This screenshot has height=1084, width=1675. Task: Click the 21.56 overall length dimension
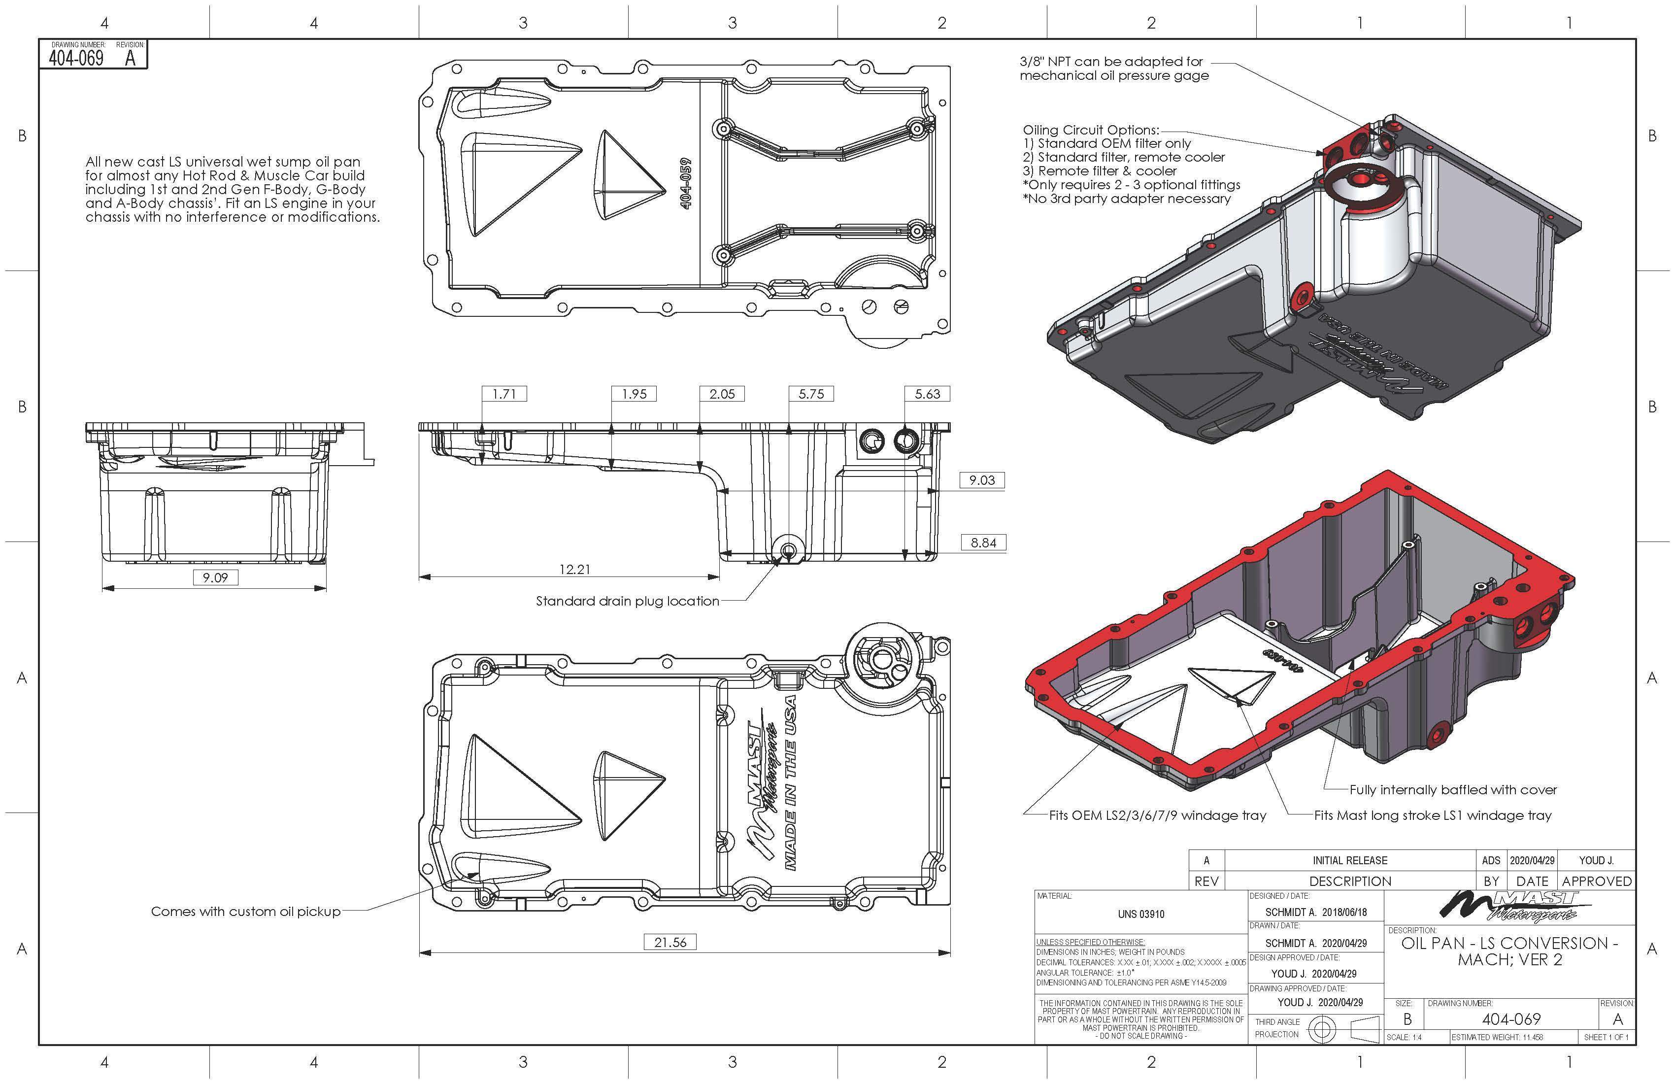tap(670, 942)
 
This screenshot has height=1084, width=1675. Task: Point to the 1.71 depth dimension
tap(504, 394)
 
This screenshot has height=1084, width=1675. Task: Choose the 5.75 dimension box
tap(811, 394)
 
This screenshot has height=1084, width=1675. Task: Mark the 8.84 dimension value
tap(983, 542)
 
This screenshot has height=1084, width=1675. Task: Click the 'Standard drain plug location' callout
tap(627, 601)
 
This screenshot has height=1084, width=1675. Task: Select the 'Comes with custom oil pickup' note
tap(246, 912)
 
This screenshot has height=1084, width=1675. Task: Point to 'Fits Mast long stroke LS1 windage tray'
tap(1432, 815)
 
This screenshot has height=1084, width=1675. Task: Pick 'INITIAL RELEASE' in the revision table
tap(1350, 860)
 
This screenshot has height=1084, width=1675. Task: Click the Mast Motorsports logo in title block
tap(1509, 907)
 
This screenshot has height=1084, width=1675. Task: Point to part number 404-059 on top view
tap(687, 182)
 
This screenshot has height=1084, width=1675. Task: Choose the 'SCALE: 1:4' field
tap(1404, 1037)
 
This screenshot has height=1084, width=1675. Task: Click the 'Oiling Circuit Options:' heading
tap(1090, 130)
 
